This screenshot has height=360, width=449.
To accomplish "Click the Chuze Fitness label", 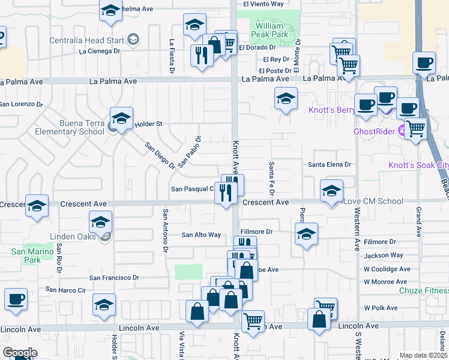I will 424,291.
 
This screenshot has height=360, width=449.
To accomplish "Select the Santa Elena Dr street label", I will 329,164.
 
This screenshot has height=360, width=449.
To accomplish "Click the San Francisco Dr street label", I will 114,278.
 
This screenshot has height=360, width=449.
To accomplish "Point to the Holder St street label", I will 148,124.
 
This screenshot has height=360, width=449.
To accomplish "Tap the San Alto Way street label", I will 201,235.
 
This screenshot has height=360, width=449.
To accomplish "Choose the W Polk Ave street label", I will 381,308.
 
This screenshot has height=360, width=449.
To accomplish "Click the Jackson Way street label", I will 383,256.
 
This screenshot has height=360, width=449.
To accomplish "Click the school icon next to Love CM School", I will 332,191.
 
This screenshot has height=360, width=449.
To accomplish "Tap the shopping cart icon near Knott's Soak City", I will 415,127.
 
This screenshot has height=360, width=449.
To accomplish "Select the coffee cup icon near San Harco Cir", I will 16,299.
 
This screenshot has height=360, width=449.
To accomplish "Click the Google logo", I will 20,353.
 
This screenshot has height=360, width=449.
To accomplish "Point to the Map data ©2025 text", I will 423,356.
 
